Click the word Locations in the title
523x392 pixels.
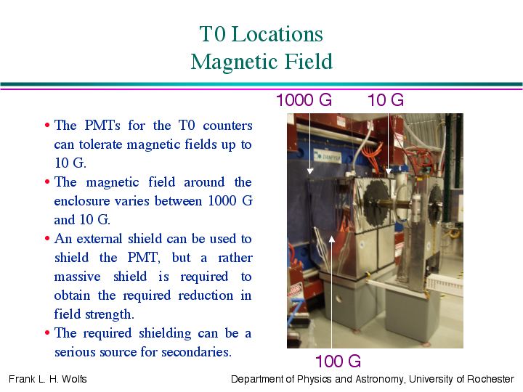(277, 34)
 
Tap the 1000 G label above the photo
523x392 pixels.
(304, 100)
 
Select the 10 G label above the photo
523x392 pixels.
(386, 100)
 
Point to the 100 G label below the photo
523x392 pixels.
(338, 362)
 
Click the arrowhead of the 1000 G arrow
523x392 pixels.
(310, 171)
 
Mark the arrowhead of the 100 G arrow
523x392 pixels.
(331, 240)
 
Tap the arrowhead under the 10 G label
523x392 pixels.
(388, 171)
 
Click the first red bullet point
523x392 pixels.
(47, 126)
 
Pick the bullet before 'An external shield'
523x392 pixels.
(47, 239)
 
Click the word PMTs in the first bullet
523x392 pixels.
(102, 126)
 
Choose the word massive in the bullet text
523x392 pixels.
(77, 277)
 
